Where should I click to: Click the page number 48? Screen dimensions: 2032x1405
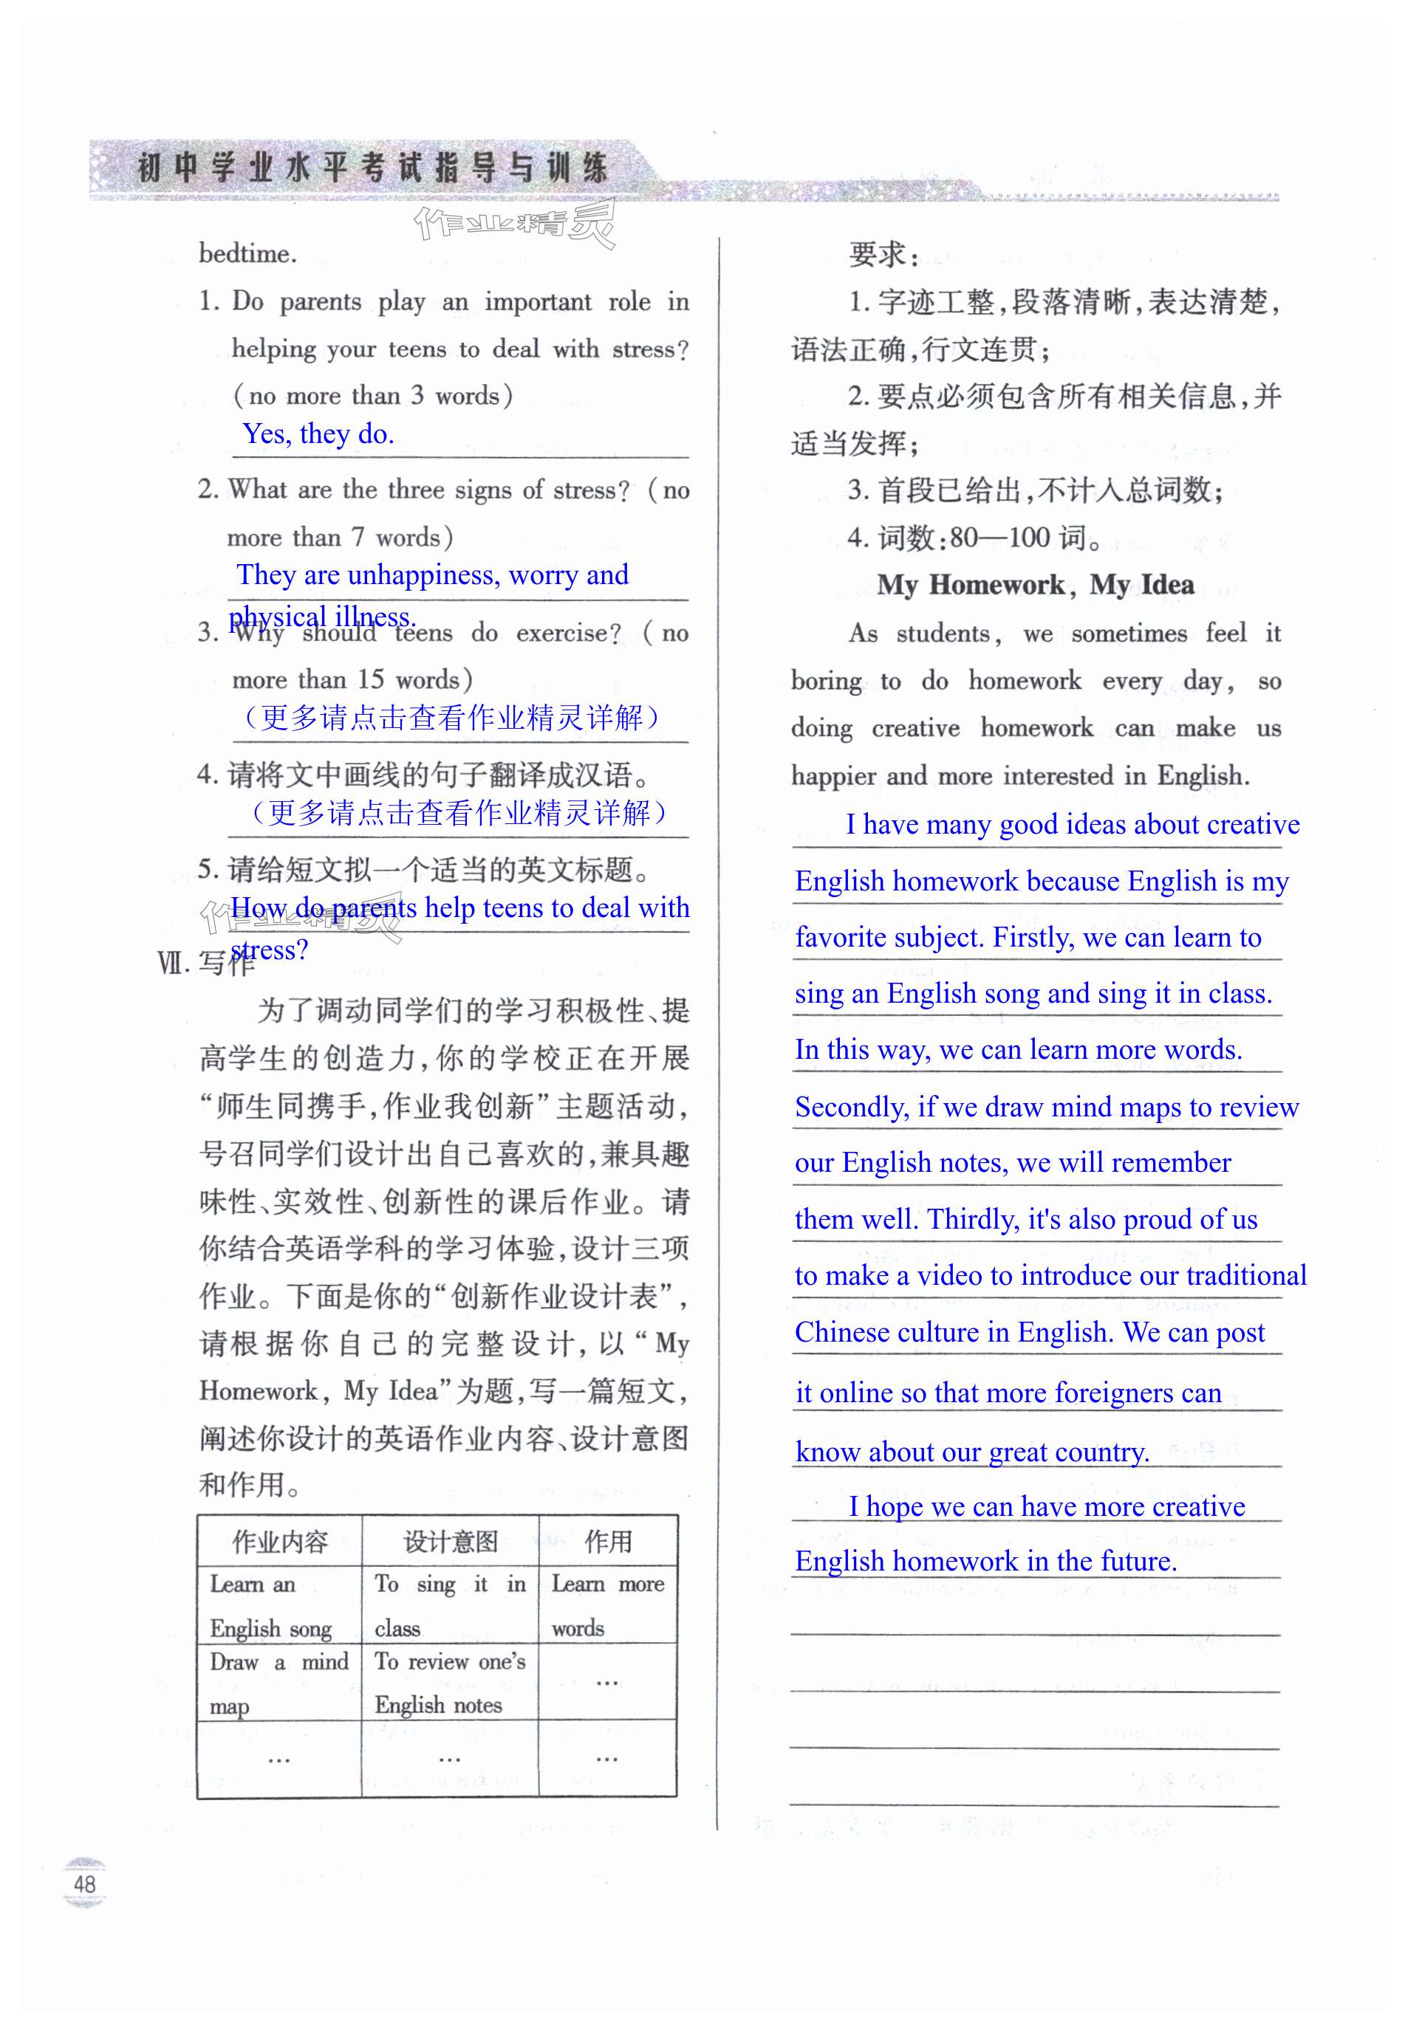[84, 1884]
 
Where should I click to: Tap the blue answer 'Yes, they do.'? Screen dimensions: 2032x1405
[318, 434]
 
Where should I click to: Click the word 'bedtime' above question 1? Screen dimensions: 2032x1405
[247, 253]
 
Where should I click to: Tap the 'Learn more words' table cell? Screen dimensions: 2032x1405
[607, 1604]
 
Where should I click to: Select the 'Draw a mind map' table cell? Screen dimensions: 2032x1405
[279, 1682]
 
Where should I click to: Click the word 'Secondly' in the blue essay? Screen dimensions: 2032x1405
[850, 1106]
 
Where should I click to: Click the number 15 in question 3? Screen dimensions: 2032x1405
[371, 679]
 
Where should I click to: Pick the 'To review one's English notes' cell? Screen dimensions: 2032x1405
[450, 1682]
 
